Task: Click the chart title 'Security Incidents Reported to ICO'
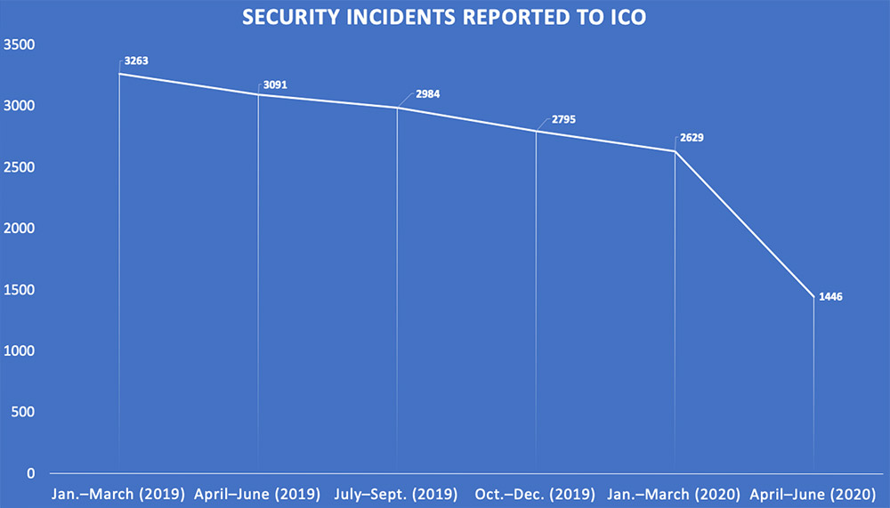coord(445,17)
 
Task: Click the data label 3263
coord(136,63)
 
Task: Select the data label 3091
coord(275,85)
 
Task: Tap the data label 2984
coord(414,94)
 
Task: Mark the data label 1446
coord(830,296)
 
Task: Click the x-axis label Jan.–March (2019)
coord(119,493)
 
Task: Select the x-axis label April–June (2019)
coord(258,493)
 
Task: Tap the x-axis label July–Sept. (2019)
coord(397,493)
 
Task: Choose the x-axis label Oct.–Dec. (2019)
coord(536,493)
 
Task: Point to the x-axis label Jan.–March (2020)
coord(675,493)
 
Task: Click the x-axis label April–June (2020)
coord(813,493)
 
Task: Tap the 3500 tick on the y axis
coord(19,44)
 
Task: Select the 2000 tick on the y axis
coord(19,229)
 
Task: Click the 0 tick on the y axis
coord(30,473)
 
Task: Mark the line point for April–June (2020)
coord(813,296)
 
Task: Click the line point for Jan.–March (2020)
coord(675,151)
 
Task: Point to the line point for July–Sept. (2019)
coord(397,108)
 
